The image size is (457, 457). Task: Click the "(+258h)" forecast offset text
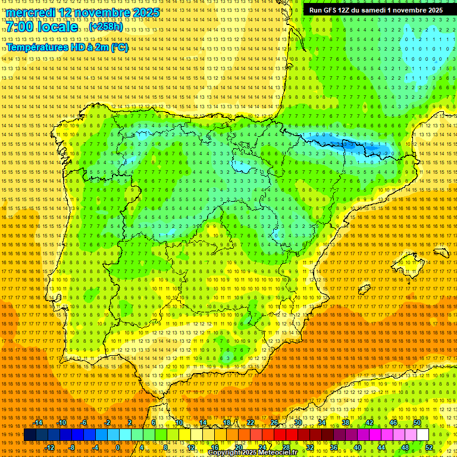(x=106, y=27)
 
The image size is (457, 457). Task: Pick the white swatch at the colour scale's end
(x=422, y=435)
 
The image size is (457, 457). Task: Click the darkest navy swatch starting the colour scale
(x=30, y=435)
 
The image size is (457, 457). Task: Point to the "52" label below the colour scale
(x=429, y=447)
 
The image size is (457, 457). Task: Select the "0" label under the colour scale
(x=118, y=447)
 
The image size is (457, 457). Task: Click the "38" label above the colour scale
(x=345, y=422)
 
